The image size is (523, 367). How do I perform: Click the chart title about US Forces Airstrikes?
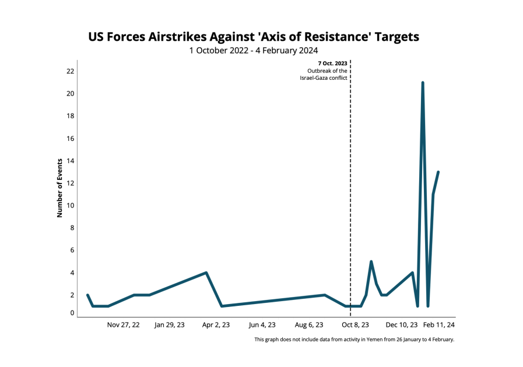click(254, 37)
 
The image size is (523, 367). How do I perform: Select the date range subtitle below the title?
click(253, 51)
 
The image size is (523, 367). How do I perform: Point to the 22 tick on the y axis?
click(71, 71)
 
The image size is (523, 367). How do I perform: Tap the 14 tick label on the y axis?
click(71, 161)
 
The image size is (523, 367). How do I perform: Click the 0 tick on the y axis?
click(72, 313)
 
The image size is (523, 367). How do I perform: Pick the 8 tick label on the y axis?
click(72, 228)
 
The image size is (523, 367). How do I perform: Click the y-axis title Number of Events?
click(59, 188)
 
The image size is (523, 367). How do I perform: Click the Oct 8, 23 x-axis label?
click(355, 325)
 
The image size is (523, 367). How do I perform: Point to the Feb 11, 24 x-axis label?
click(439, 325)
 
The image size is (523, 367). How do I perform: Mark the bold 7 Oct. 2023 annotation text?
click(332, 63)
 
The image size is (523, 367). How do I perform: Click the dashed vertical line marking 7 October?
click(350, 175)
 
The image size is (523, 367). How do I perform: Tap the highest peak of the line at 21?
click(423, 83)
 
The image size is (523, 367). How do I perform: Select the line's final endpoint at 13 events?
click(438, 172)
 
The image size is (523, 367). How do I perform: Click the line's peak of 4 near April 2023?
click(206, 273)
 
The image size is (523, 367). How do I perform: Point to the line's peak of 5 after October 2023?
click(371, 262)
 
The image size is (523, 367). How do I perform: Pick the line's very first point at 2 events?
click(87, 295)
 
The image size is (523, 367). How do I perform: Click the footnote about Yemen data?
click(354, 340)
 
